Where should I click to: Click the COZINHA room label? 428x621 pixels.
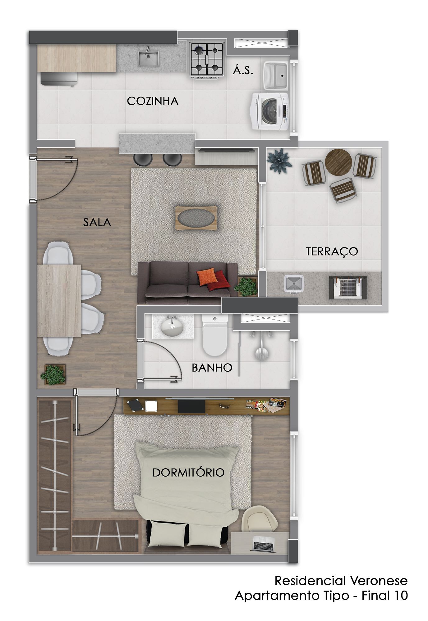pos(153,101)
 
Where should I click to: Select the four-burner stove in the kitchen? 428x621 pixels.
pos(207,60)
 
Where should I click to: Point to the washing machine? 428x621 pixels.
pos(270,111)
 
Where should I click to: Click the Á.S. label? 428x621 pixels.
pos(243,70)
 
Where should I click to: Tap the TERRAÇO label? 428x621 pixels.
pos(332,251)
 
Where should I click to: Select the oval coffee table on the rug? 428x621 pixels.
pos(196,218)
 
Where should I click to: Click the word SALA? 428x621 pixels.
pos(97,222)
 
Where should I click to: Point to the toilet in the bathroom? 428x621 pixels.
pos(214,334)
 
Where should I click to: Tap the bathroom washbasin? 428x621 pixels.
pos(171,328)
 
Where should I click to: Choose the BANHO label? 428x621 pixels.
pos(212,368)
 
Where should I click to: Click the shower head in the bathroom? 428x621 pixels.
pos(261,352)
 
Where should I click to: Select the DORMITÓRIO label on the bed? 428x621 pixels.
pos(188,473)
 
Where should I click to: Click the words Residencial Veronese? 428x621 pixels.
pos(341,580)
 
